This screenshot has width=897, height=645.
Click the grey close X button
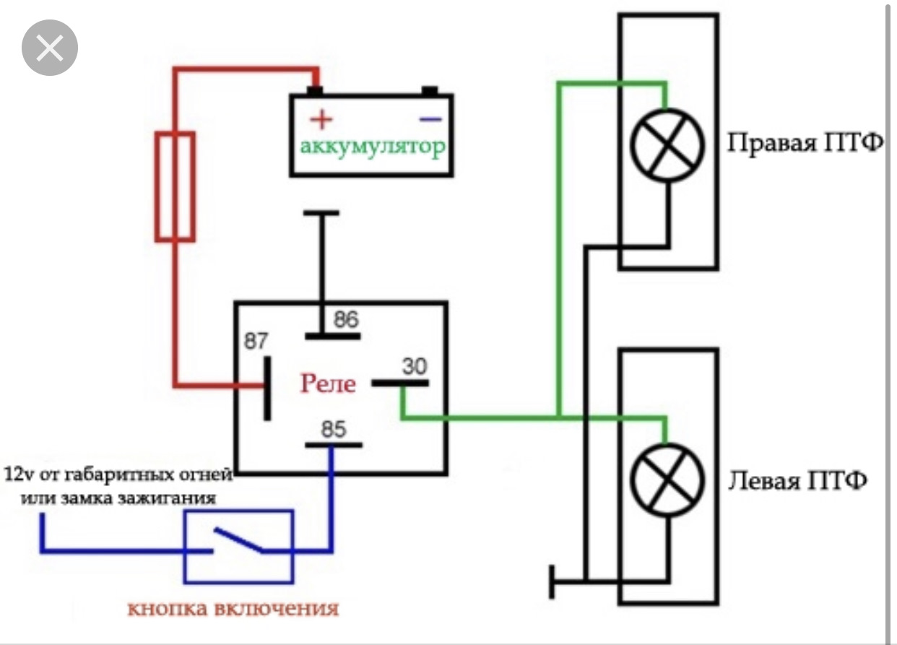(50, 48)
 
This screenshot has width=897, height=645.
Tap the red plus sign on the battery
(321, 119)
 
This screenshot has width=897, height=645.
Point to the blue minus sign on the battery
(430, 119)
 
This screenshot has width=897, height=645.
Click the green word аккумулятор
(373, 147)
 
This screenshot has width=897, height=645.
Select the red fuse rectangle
(175, 186)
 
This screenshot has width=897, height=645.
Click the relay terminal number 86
(347, 319)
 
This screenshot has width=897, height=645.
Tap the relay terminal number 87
(256, 341)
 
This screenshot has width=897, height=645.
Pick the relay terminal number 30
(415, 366)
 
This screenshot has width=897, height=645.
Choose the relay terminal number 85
(334, 429)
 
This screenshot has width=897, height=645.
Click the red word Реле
(328, 383)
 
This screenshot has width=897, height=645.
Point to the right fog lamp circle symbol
(667, 146)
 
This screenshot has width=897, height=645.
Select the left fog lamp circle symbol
(667, 480)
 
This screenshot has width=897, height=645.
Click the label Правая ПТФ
(805, 143)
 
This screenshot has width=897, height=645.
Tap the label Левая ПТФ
(797, 480)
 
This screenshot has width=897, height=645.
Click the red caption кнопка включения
(233, 609)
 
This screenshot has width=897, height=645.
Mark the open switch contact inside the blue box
(239, 540)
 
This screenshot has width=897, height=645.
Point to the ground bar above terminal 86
(321, 213)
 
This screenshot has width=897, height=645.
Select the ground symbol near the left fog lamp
(551, 581)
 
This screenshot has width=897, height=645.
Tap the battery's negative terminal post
(430, 91)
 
